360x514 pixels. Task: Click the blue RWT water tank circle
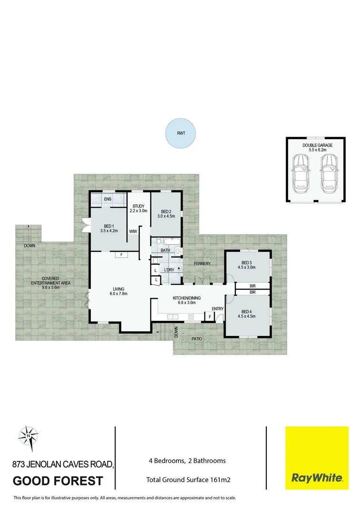pyautogui.click(x=180, y=133)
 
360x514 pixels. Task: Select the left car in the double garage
pyautogui.click(x=301, y=174)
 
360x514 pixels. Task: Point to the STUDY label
pyautogui.click(x=138, y=206)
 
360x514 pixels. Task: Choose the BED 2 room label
pyautogui.click(x=165, y=212)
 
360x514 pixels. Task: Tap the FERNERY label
pyautogui.click(x=202, y=263)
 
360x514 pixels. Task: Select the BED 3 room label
pyautogui.click(x=246, y=263)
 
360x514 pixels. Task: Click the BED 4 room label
pyautogui.click(x=246, y=311)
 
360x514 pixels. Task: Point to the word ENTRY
pyautogui.click(x=218, y=309)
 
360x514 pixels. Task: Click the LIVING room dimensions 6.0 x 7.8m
pyautogui.click(x=118, y=294)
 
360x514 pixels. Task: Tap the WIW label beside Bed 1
pyautogui.click(x=133, y=231)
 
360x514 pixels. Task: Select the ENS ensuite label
pyautogui.click(x=107, y=199)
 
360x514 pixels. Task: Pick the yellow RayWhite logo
pyautogui.click(x=316, y=458)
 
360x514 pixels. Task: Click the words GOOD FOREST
pyautogui.click(x=58, y=481)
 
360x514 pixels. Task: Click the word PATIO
pyautogui.click(x=197, y=339)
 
